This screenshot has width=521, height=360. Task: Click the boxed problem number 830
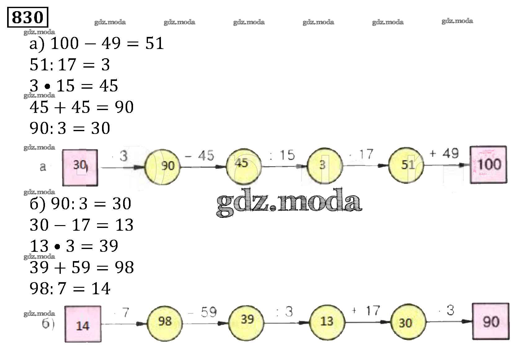pos(27,17)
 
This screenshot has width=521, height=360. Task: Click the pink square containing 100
pos(489,165)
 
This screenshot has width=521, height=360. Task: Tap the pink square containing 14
pos(83,324)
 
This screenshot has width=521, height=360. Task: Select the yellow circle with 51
pos(406,165)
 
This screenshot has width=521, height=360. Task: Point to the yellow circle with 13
pos(327,322)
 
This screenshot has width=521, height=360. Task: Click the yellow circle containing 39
pos(247,320)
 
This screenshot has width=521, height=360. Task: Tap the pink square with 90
pos(491,322)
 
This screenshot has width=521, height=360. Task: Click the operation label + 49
pos(444,153)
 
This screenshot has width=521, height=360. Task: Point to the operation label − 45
pos(199,156)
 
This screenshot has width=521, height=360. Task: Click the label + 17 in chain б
pos(366,311)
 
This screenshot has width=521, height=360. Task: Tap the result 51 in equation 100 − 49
pos(154,43)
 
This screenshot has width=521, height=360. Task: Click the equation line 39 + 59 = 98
pos(82,267)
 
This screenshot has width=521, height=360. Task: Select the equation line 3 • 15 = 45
pos(74,86)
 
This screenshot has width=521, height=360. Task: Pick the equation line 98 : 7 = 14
pos(70,289)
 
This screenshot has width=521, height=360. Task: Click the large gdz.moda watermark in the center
pos(289,203)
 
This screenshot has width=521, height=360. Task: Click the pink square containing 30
pos(80,167)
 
